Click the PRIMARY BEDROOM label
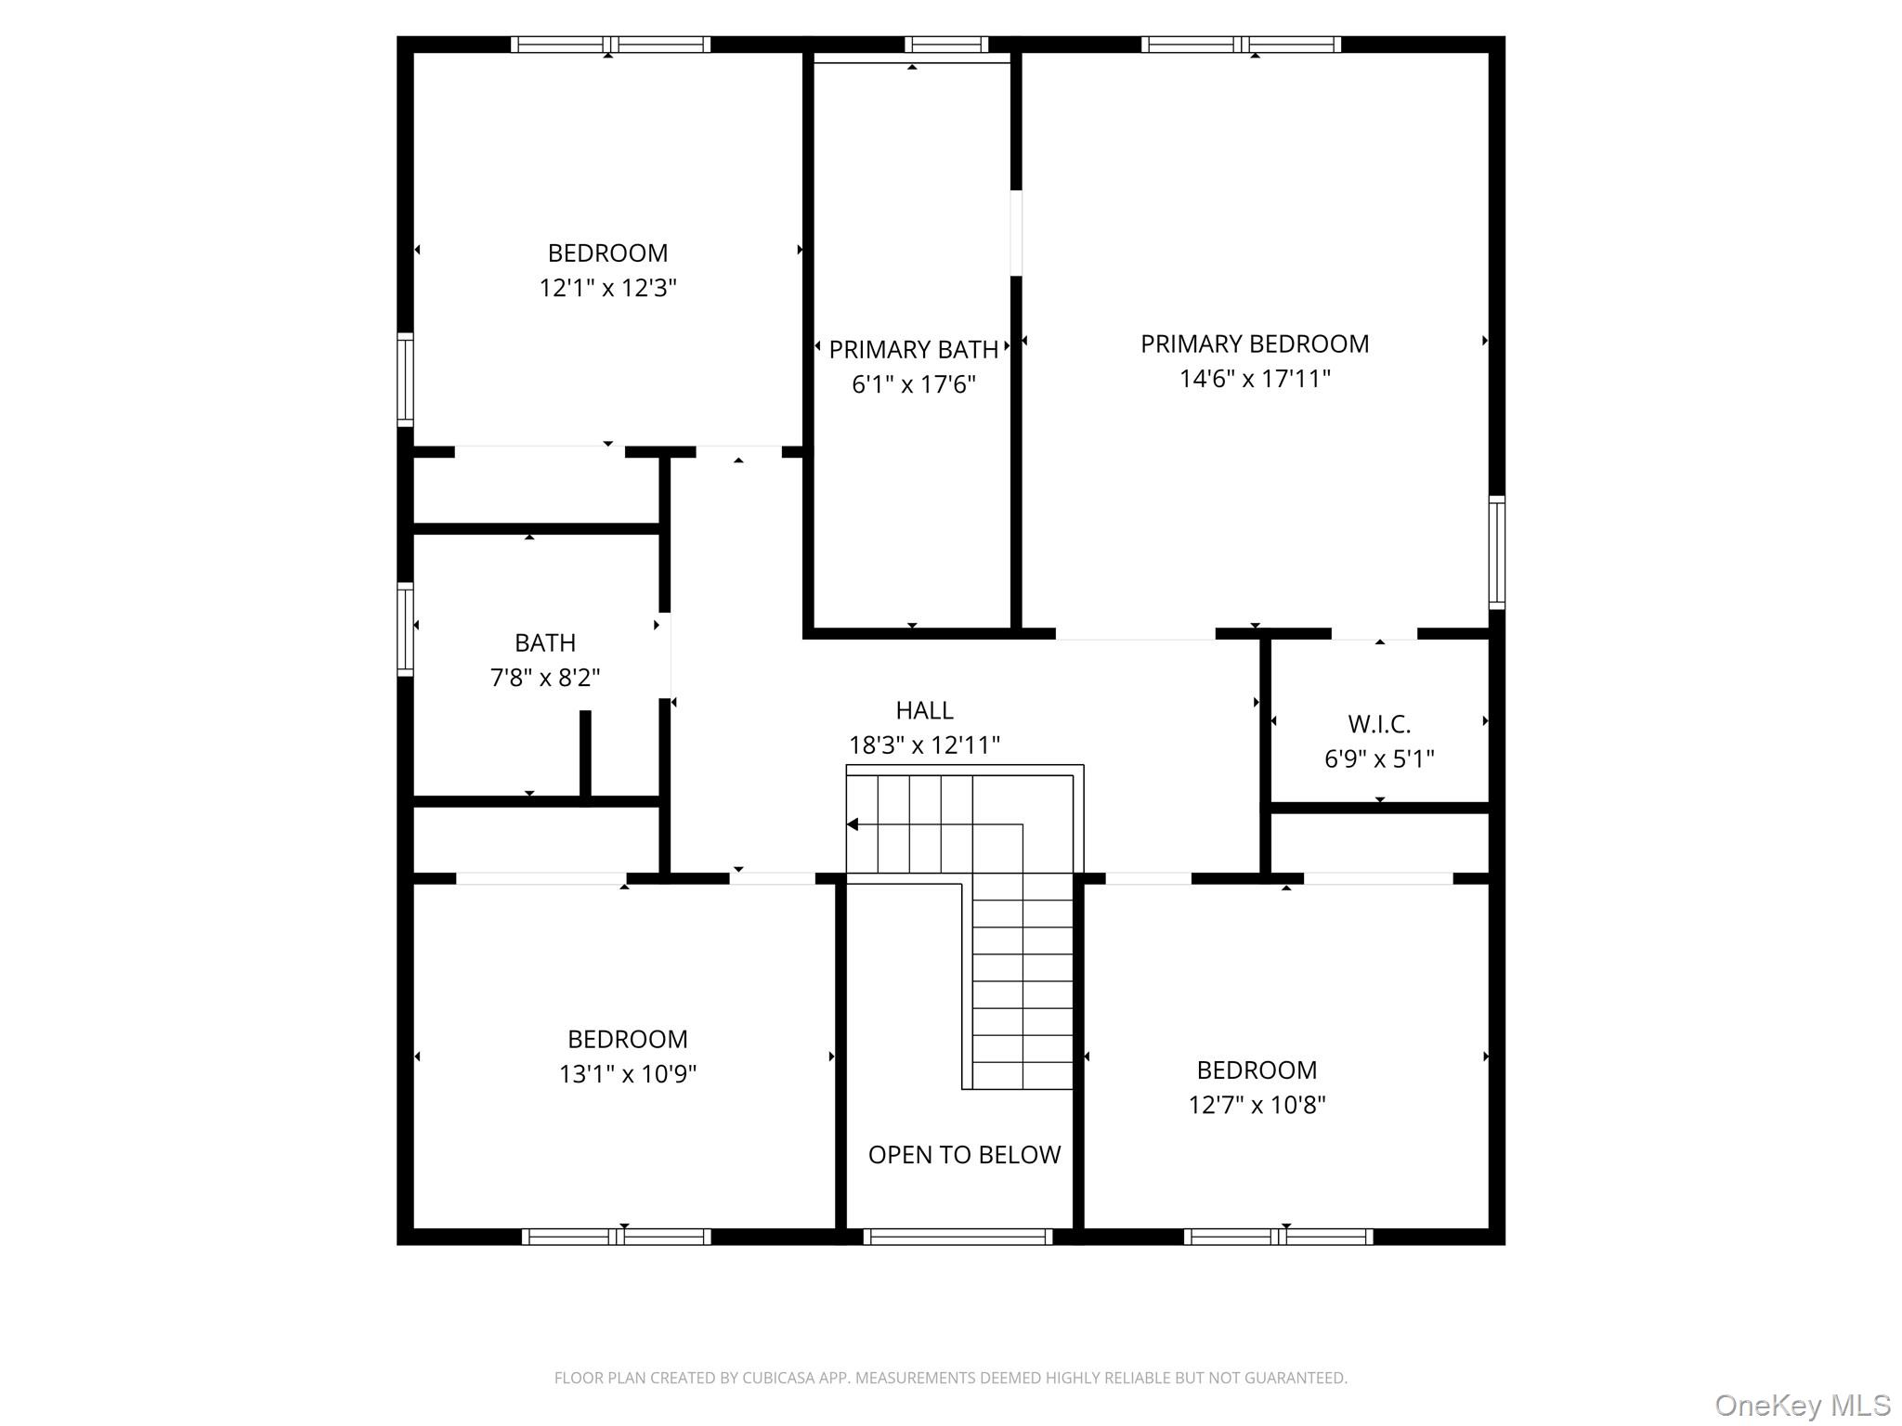point(1254,344)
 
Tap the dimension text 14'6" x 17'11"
point(1254,379)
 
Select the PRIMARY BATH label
point(913,350)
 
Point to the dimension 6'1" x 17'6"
point(913,384)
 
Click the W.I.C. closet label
point(1378,724)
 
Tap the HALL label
point(923,710)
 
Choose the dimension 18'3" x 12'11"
point(923,745)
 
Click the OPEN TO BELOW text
point(963,1155)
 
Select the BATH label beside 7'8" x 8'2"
point(545,643)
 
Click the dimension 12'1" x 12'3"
point(607,288)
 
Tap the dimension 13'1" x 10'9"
point(627,1074)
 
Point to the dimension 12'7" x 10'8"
point(1256,1105)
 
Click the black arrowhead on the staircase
point(852,824)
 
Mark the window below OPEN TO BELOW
point(957,1237)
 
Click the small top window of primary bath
point(945,44)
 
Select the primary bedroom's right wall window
point(1496,552)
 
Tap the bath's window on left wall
point(405,629)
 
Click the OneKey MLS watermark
point(1802,1406)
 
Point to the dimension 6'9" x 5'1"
point(1378,759)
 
